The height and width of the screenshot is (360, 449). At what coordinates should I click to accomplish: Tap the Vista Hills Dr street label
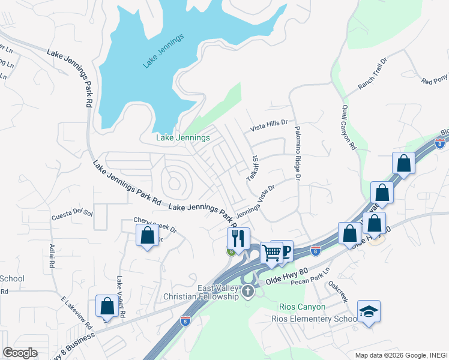(x=269, y=125)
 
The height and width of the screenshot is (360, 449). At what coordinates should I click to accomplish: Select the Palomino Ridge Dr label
(x=297, y=152)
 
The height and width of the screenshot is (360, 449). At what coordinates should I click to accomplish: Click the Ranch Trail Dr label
(x=373, y=74)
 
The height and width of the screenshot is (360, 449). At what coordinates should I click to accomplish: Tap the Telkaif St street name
(x=253, y=169)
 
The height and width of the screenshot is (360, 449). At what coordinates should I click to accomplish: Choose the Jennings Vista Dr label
(x=255, y=202)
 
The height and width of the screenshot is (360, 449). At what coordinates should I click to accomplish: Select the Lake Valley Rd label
(x=121, y=296)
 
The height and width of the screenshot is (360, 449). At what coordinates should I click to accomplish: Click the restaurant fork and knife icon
(x=238, y=238)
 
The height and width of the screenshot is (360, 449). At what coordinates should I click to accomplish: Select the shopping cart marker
(x=271, y=253)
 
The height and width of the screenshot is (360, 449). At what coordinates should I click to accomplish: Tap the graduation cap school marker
(x=369, y=311)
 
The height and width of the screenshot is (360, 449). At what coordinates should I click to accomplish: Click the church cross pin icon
(x=249, y=292)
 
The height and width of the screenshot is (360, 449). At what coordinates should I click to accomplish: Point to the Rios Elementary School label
(x=314, y=319)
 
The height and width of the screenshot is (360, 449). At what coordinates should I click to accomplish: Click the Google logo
(x=20, y=353)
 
